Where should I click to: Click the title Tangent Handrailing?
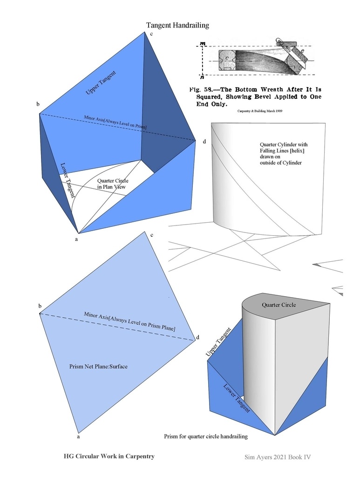(177, 25)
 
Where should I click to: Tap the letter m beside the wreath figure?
(203, 43)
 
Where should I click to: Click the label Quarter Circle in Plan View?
(112, 184)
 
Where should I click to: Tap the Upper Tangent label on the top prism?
(101, 83)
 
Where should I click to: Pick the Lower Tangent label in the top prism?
(68, 180)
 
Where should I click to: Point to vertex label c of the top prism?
(151, 34)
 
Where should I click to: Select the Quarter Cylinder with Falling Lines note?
(284, 153)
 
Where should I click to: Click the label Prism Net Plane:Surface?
(98, 367)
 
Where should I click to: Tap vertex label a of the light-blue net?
(78, 437)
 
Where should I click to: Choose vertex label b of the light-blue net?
(40, 306)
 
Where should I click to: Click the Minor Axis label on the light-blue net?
(129, 321)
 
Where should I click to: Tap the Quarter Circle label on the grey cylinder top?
(278, 305)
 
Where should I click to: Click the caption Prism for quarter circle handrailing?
(205, 436)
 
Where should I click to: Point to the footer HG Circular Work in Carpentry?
(109, 457)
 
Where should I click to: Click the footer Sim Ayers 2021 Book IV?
(277, 457)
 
